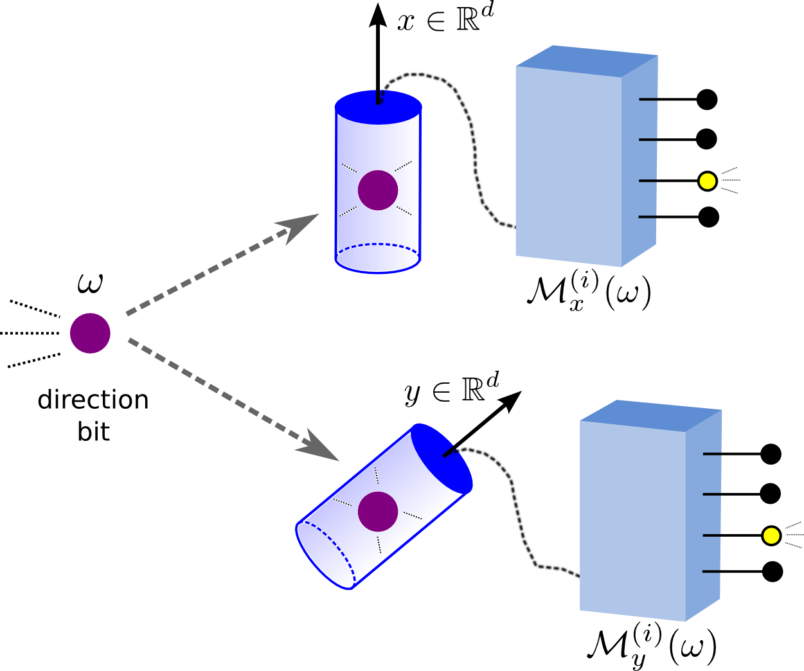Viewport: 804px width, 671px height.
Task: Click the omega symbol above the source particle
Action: coord(90,283)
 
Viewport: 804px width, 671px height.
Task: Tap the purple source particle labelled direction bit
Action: coord(90,333)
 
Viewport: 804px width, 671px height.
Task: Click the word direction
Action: coord(93,400)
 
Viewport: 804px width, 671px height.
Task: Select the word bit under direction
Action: coord(94,431)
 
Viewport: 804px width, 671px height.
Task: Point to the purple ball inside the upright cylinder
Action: coord(378,190)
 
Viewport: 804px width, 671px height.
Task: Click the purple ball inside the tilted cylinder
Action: coord(378,512)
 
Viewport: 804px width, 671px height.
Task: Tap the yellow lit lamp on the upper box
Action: coord(707,181)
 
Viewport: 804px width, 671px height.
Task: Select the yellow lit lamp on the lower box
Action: coord(771,535)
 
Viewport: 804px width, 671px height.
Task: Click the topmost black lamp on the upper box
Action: coord(707,100)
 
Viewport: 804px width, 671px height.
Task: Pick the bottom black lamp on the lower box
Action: coord(772,571)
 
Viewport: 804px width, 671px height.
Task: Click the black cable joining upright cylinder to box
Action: coord(472,141)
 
